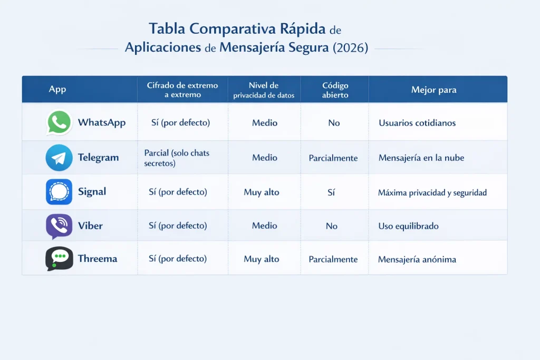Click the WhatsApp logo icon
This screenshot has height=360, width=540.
(59, 122)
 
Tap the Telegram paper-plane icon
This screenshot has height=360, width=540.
(59, 158)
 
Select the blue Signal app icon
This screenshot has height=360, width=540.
(59, 192)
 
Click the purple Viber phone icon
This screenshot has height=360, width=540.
(59, 226)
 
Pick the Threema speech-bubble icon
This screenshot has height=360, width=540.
(59, 259)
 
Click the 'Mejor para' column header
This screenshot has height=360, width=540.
(433, 90)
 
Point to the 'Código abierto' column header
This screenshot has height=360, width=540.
(335, 90)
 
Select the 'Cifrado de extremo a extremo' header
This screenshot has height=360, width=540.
(182, 90)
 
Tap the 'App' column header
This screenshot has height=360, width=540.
(57, 89)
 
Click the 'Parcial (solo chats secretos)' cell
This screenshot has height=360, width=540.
(177, 158)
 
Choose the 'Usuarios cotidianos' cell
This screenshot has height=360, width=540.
(417, 123)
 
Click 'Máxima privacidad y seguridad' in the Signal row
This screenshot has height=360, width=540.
(432, 192)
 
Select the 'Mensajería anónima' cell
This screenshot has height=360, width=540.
(417, 259)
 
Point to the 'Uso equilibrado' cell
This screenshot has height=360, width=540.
(408, 226)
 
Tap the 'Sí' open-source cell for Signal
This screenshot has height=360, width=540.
(331, 192)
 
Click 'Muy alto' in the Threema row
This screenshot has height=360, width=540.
(262, 259)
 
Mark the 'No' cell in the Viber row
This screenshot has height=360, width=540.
(332, 226)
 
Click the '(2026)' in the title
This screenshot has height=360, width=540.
(351, 47)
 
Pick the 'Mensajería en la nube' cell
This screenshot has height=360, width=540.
(421, 158)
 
